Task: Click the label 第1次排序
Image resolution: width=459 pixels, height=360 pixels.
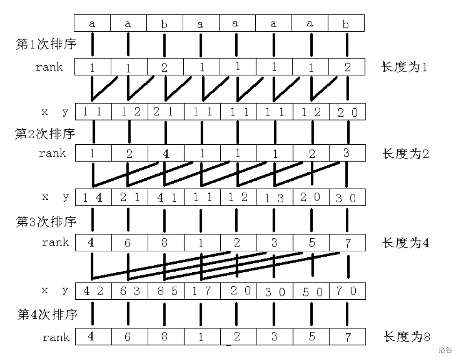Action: [x=46, y=44]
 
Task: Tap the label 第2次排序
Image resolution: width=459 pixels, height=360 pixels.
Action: [x=45, y=134]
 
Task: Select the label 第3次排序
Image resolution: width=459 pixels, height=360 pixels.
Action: [x=46, y=222]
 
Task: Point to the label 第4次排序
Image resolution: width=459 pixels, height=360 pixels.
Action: [x=47, y=314]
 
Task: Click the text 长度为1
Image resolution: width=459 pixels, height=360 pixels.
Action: [x=404, y=67]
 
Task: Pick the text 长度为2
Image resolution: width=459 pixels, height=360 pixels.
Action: [x=406, y=154]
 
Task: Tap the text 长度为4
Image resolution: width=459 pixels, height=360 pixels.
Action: [x=406, y=243]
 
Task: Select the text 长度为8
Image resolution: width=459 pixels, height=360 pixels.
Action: [x=407, y=337]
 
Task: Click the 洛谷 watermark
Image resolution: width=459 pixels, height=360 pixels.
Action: [x=445, y=350]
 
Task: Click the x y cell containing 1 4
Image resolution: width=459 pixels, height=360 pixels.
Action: [x=93, y=198]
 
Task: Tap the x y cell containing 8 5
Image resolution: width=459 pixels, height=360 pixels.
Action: [x=166, y=291]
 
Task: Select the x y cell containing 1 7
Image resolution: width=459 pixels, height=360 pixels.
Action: [x=202, y=291]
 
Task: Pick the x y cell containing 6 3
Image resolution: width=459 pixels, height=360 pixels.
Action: [x=129, y=291]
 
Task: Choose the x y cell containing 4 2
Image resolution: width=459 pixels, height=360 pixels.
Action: [x=93, y=291]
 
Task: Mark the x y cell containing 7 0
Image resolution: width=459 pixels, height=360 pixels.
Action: [x=347, y=291]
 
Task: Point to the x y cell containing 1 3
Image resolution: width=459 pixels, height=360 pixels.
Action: [x=275, y=198]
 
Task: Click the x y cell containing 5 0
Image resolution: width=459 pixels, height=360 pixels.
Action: [x=311, y=291]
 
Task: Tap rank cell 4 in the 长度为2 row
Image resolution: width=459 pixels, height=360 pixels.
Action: [x=166, y=153]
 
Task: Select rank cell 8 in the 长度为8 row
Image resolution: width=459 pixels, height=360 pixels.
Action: [x=166, y=337]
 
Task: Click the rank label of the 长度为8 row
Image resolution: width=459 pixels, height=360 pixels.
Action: [x=56, y=337]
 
